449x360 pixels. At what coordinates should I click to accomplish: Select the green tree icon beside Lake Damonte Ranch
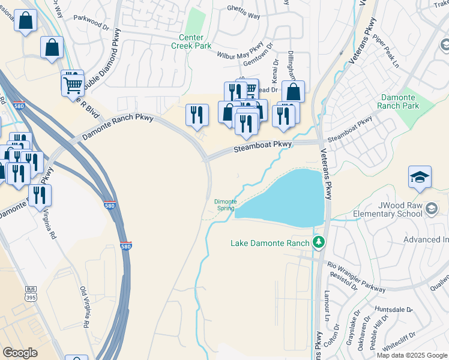pyautogui.click(x=319, y=242)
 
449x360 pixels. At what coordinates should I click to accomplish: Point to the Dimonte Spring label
pyautogui.click(x=225, y=205)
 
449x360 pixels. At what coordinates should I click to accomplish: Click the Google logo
pyautogui.click(x=20, y=353)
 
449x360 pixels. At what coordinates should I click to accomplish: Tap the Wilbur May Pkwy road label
pyautogui.click(x=240, y=50)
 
